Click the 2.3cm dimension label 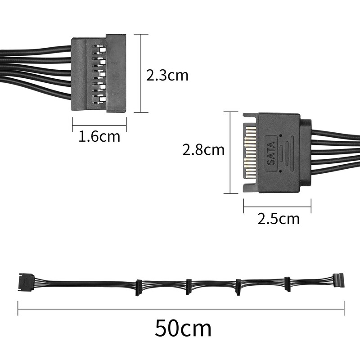coord(167,75)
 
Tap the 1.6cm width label coord(99,136)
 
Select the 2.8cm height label coord(203,149)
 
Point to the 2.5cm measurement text coord(278,219)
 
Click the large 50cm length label coord(183,328)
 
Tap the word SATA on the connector coord(271,154)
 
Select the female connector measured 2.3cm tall coord(99,74)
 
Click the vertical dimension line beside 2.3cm coord(141,73)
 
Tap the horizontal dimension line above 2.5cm coord(277,207)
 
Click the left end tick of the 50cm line coord(18,308)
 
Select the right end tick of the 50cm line coord(344,308)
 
